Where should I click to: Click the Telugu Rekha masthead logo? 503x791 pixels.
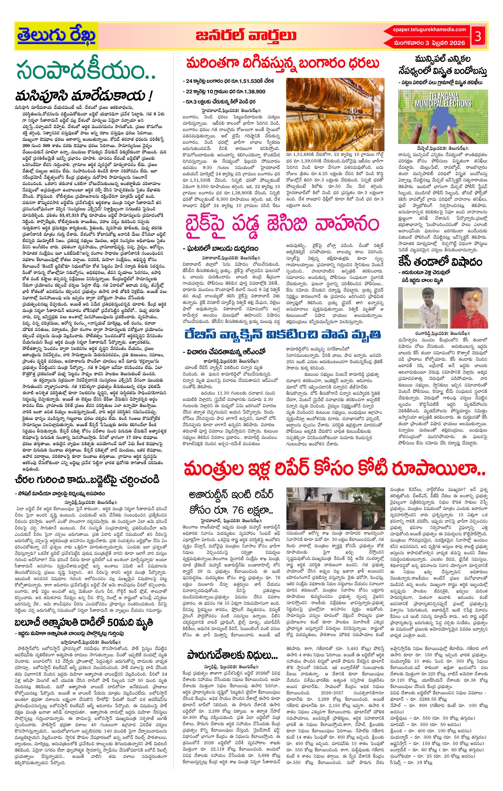pyautogui.click(x=56, y=36)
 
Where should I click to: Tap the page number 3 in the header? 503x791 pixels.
pyautogui.click(x=478, y=37)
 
